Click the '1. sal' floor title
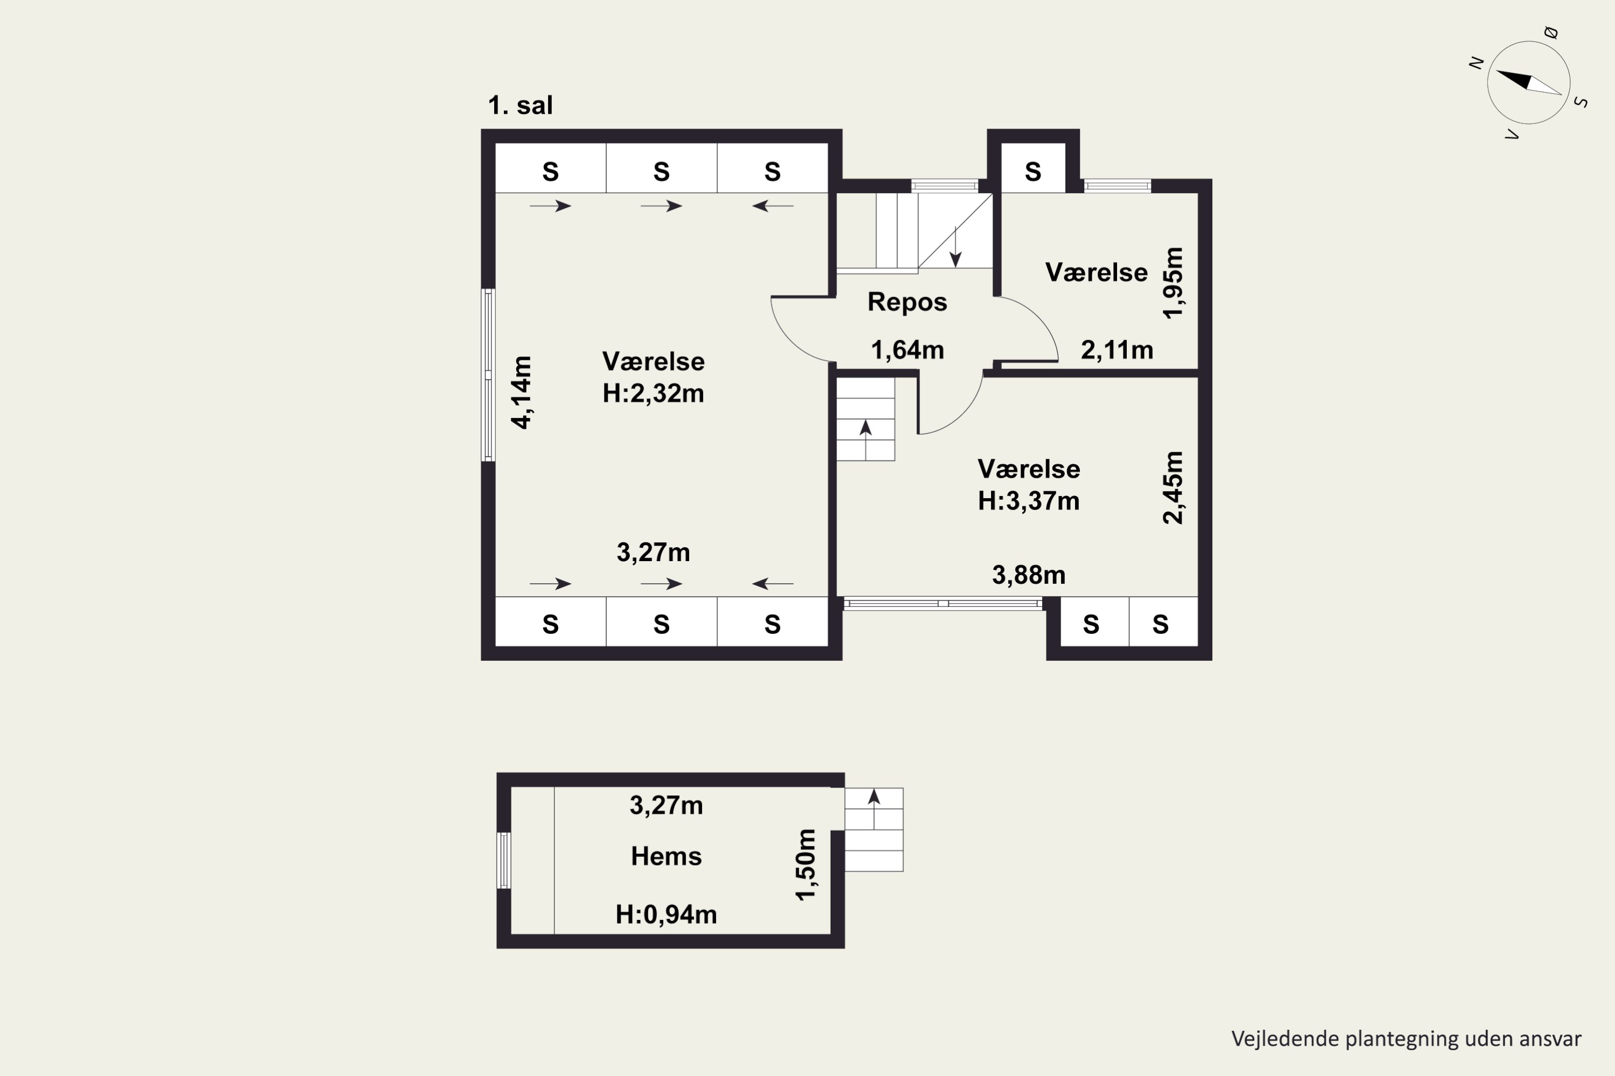(x=520, y=105)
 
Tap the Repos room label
(x=907, y=302)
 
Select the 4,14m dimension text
(x=522, y=393)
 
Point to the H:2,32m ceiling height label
(x=653, y=393)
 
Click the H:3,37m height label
(x=1029, y=501)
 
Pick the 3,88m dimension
(x=1029, y=575)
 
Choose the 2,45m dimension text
(x=1173, y=487)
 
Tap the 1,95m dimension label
(x=1173, y=283)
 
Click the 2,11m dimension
(x=1117, y=350)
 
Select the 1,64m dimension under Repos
(x=907, y=350)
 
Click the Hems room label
(x=666, y=856)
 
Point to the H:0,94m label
(x=666, y=914)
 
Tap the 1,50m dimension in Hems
(x=805, y=865)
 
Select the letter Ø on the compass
(x=1550, y=32)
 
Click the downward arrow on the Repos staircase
(x=955, y=246)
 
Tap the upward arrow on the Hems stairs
(x=873, y=809)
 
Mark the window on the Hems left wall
(x=503, y=860)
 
